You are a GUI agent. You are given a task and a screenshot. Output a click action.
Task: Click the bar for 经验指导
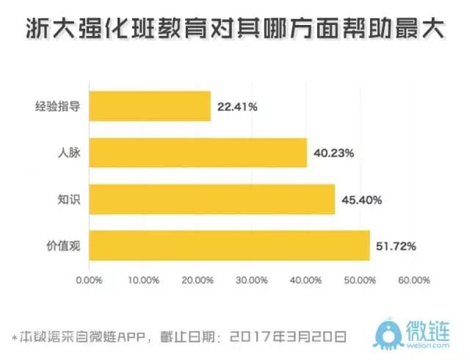coord(150,107)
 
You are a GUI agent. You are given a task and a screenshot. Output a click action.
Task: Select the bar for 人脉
coord(198,153)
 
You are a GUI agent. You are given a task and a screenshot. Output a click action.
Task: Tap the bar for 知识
coord(211,199)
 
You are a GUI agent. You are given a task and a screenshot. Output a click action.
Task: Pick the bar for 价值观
coord(229,245)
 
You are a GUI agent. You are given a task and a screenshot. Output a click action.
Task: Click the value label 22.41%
coord(237,107)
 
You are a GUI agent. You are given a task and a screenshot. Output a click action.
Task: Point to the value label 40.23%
coord(333,154)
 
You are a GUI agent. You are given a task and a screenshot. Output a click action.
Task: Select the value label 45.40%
coord(361,200)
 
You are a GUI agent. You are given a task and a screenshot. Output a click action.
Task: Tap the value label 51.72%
coord(397,246)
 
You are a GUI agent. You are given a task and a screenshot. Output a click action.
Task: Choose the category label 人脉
coord(69,154)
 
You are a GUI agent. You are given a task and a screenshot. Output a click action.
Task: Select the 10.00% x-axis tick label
coord(143,279)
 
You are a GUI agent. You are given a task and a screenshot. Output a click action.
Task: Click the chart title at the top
coord(235,29)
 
